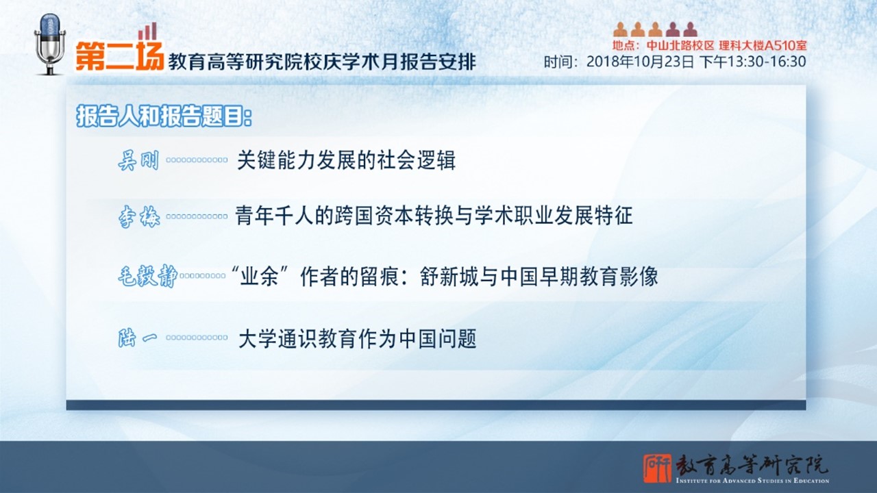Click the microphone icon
[x=50, y=45]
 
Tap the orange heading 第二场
[x=119, y=56]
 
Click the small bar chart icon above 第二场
[x=147, y=31]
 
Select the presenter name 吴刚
[x=138, y=160]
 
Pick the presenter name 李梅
[x=139, y=216]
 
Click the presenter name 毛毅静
[x=147, y=276]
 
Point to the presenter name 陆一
[x=138, y=338]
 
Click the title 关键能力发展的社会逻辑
[x=346, y=160]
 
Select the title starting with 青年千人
[x=434, y=216]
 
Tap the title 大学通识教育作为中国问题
[x=358, y=338]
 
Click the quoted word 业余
[x=259, y=277]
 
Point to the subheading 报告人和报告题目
[x=164, y=116]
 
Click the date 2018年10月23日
[x=640, y=62]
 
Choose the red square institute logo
[x=657, y=468]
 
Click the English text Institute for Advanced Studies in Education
[x=752, y=481]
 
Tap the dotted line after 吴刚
[x=197, y=160]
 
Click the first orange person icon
[x=620, y=29]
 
